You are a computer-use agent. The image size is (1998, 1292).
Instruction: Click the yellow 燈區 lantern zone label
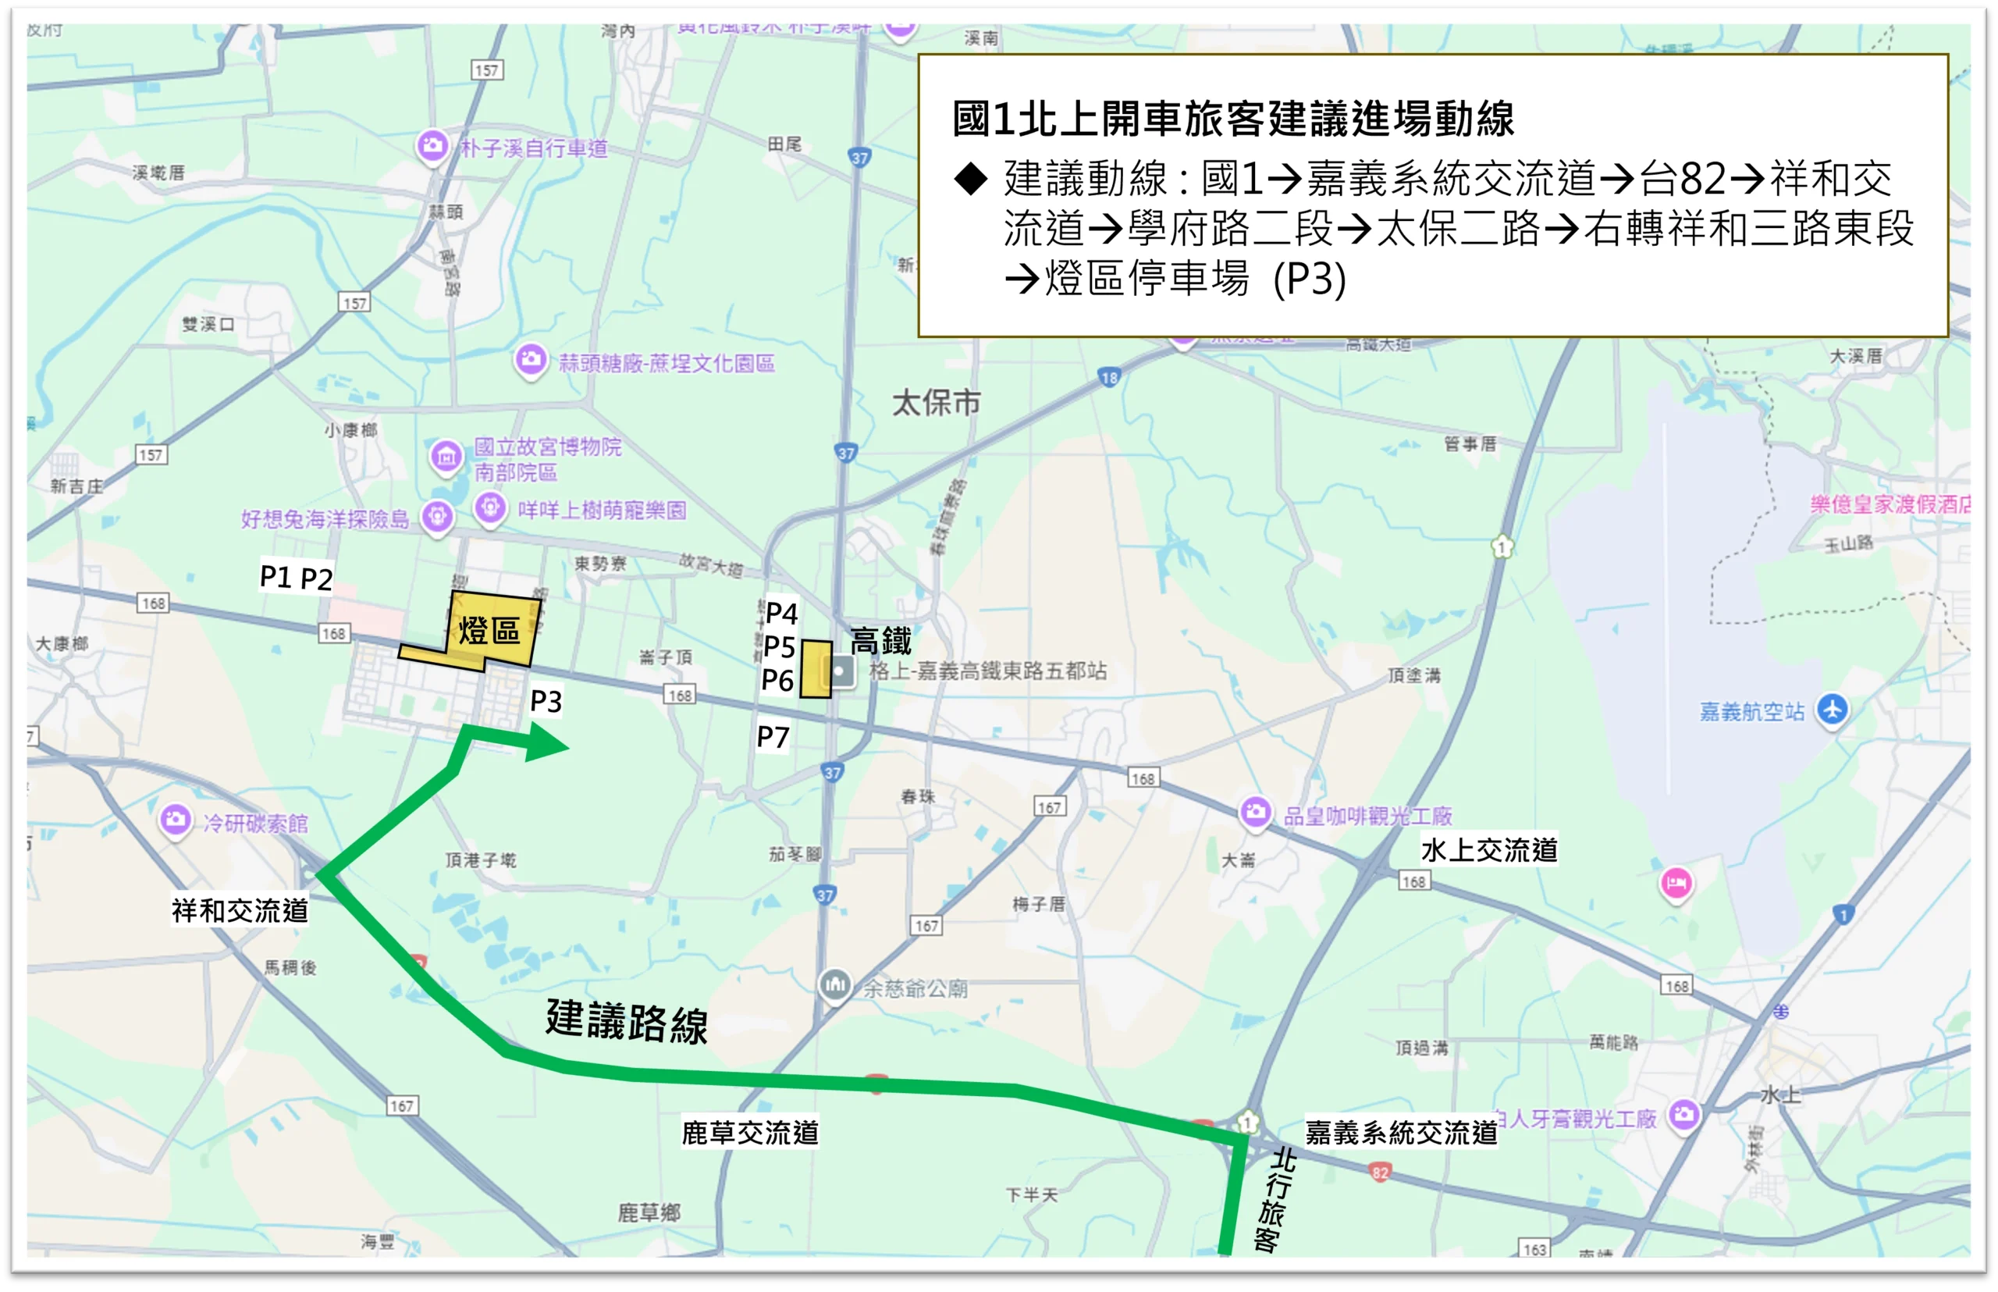coord(489,630)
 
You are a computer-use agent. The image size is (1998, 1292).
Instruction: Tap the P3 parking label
coord(546,701)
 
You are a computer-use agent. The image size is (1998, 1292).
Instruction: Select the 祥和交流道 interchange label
coord(240,910)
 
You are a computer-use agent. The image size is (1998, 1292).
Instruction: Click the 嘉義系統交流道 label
coord(1401,1133)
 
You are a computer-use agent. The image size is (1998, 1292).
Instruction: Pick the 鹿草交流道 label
coord(750,1133)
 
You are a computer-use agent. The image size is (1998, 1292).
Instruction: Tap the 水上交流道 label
coord(1489,850)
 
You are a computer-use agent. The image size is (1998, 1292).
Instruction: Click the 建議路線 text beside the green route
coord(627,1021)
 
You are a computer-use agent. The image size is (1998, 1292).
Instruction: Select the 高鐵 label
coord(880,641)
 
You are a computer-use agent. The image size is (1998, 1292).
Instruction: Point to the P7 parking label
coord(773,738)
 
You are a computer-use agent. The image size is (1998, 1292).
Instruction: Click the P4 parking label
coord(781,614)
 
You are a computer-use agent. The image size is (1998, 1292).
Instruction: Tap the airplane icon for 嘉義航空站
coord(1832,710)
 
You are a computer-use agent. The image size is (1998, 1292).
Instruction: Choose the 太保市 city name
coord(936,404)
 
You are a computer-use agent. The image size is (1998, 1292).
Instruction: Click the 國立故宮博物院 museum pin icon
coord(446,457)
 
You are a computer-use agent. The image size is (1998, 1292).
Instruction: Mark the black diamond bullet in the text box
coord(970,179)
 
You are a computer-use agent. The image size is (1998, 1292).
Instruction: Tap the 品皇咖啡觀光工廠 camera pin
coord(1255,811)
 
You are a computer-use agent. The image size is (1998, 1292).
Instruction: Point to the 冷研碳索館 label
coord(255,823)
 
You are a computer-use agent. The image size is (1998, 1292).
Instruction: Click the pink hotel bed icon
coord(1676,883)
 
